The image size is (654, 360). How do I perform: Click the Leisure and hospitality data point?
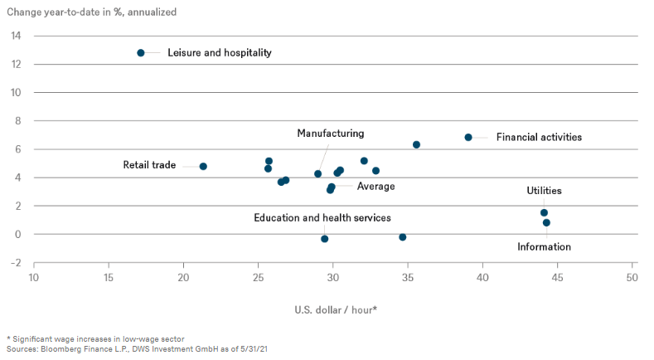141,53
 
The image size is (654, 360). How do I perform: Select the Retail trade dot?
203,166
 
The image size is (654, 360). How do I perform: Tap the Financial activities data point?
468,137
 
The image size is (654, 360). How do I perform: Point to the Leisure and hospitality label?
220,53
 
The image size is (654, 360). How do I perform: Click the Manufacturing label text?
331,134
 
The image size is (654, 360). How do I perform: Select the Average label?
375,187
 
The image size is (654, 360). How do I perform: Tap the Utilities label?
544,191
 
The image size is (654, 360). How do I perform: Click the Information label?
544,246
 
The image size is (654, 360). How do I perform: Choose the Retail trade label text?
149,165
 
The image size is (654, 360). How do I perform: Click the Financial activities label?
539,137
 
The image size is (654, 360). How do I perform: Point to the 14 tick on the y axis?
16,36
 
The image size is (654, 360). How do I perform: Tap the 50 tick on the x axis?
632,276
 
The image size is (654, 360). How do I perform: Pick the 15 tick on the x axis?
109,276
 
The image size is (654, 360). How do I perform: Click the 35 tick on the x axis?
408,276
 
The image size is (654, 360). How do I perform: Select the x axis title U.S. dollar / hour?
337,310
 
